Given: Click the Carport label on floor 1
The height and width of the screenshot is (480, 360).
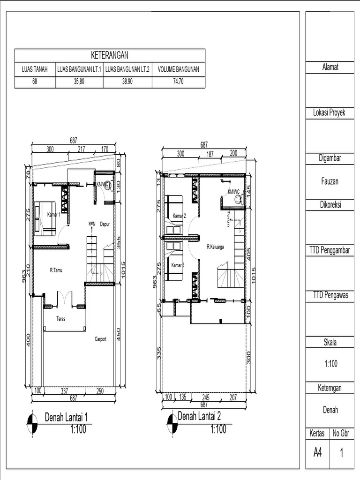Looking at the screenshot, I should pyautogui.click(x=100, y=339).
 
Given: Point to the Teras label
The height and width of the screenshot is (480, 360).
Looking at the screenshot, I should pyautogui.click(x=60, y=319).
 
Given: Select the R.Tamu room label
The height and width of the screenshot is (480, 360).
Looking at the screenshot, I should pyautogui.click(x=57, y=270).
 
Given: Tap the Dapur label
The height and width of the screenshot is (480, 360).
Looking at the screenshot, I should pyautogui.click(x=104, y=224).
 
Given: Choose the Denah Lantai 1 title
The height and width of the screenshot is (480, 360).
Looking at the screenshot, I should pyautogui.click(x=66, y=417).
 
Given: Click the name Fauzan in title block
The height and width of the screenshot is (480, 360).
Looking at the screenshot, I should pyautogui.click(x=329, y=182).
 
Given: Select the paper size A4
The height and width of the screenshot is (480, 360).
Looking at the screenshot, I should pyautogui.click(x=317, y=453).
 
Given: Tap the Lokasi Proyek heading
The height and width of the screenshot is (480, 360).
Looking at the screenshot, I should pyautogui.click(x=329, y=113).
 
